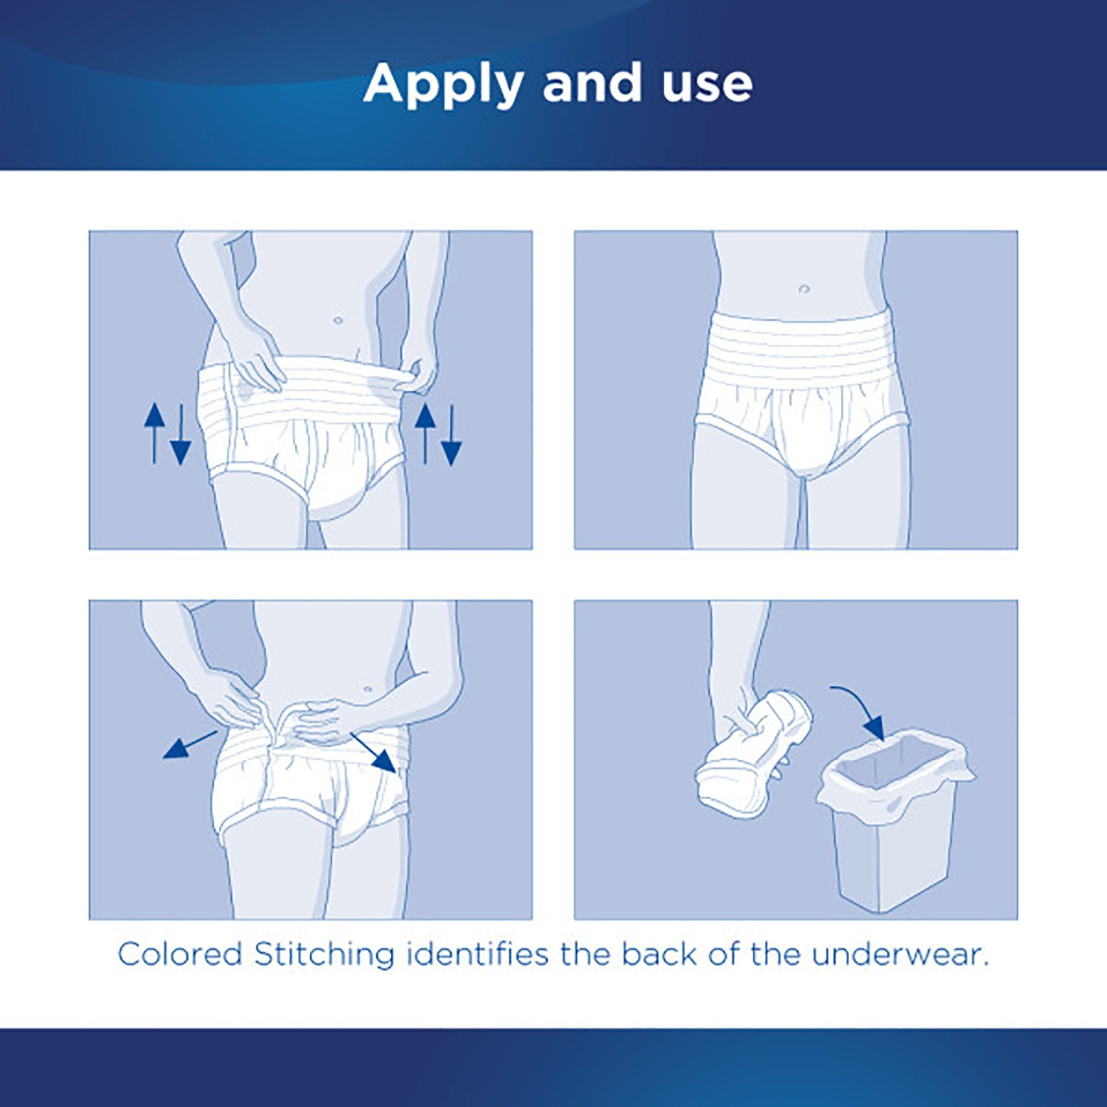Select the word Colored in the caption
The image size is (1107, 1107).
(x=180, y=955)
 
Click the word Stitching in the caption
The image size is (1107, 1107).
(x=324, y=955)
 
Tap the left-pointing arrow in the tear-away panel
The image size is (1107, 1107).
(x=189, y=745)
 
